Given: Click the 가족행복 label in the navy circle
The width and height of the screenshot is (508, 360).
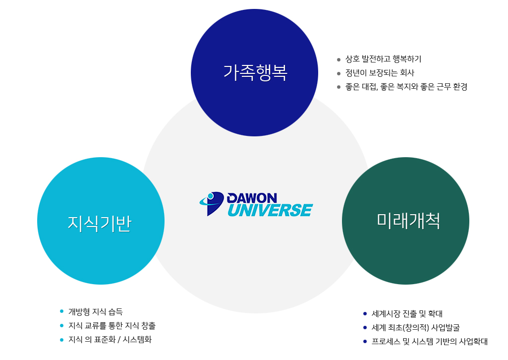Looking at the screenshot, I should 255,72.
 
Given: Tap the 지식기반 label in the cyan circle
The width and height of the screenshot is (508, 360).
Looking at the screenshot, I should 99,223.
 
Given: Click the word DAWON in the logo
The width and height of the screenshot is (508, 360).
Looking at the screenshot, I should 252,198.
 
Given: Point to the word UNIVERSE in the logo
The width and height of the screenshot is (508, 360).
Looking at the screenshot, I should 270,210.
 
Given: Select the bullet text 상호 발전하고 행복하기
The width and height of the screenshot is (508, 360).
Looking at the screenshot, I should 383,59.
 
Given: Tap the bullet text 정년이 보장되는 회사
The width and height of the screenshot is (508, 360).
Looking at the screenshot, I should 380,73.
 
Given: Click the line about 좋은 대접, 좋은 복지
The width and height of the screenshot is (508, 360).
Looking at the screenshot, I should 406,87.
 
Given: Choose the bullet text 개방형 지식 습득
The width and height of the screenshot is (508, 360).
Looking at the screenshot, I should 95,312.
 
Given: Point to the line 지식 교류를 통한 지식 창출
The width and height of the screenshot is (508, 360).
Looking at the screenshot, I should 112,326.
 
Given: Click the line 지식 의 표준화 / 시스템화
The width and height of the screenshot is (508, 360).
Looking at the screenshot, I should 110,340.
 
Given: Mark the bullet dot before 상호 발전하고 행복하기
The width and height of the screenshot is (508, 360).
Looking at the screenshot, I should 339,60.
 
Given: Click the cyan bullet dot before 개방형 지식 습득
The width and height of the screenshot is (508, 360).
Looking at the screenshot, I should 61,311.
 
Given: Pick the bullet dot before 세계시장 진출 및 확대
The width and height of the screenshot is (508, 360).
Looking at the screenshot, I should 365,313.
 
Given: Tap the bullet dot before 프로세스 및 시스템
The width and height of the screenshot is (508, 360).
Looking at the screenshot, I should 365,341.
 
